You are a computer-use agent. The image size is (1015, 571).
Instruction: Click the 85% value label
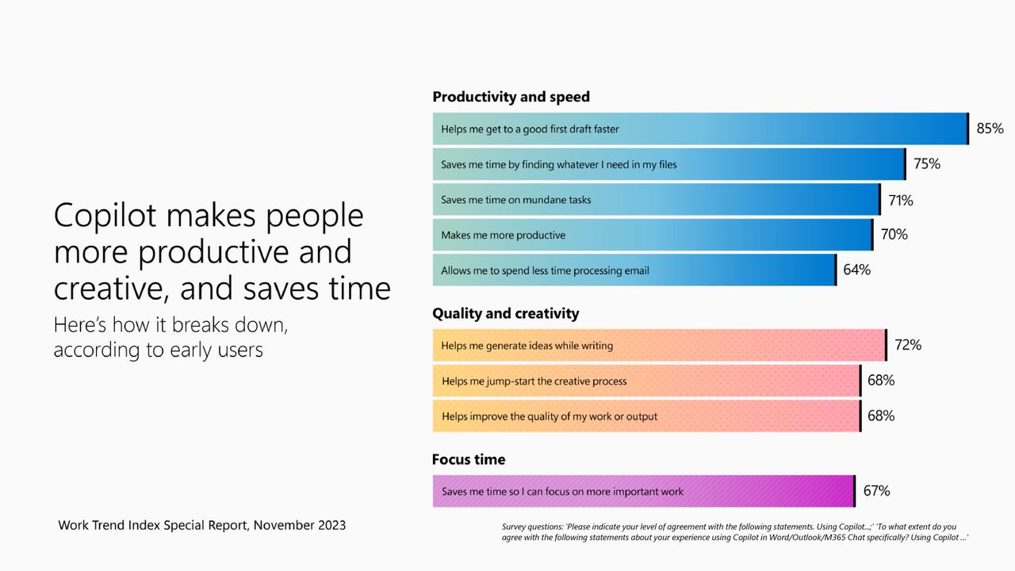tap(990, 128)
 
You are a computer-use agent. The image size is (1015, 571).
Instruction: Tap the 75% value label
tap(926, 164)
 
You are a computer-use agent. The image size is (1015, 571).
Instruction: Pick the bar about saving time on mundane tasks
tap(656, 200)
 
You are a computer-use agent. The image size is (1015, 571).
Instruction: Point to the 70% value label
tap(894, 235)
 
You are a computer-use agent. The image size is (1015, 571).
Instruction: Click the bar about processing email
tap(634, 270)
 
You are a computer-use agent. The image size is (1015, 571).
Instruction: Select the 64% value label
tap(856, 270)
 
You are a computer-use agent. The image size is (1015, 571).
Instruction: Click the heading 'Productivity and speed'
tap(511, 97)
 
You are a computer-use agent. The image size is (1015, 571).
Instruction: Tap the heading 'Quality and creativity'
tap(505, 313)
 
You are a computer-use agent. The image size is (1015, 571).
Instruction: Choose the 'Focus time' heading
tap(468, 459)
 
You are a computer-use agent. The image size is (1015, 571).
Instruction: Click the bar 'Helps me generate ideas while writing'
tap(658, 346)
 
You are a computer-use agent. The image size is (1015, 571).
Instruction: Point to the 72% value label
tap(907, 345)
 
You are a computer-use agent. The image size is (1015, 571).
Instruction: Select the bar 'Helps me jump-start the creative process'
tap(645, 381)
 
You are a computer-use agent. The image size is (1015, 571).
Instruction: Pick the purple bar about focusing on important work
tap(642, 492)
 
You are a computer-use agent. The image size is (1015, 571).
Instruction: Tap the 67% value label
tap(876, 491)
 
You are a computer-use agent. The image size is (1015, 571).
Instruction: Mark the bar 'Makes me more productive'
tap(652, 235)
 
